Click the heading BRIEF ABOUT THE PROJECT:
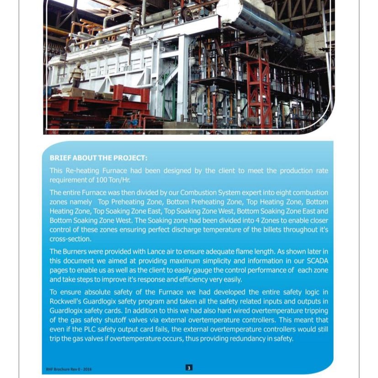click(x=98, y=158)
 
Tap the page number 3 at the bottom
click(x=189, y=367)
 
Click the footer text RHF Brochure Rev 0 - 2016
click(x=69, y=369)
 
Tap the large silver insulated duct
click(x=256, y=21)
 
